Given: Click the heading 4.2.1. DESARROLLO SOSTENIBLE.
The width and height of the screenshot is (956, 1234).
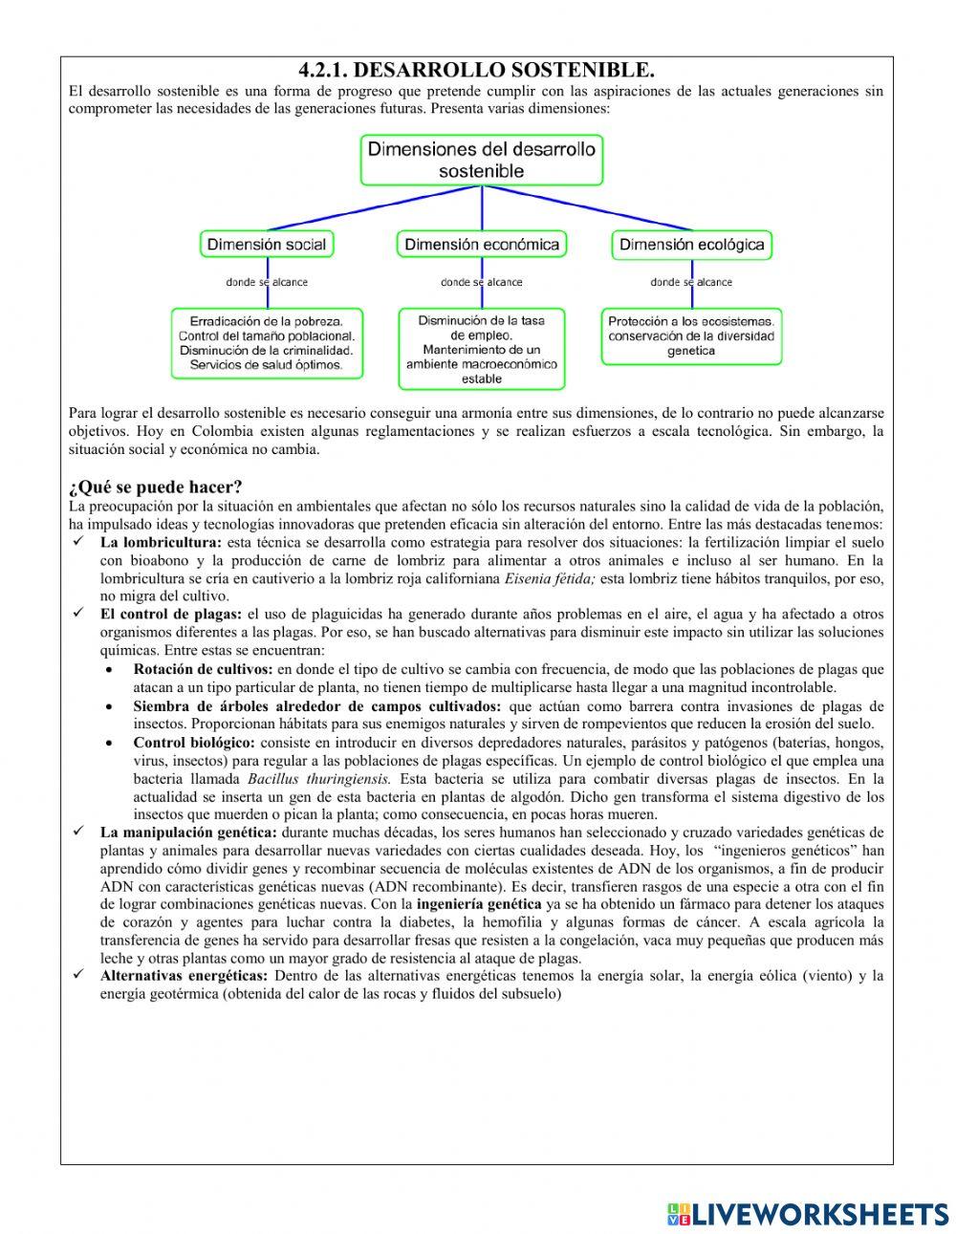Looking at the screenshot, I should tap(476, 71).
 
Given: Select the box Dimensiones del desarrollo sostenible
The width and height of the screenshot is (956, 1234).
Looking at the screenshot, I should tap(481, 160).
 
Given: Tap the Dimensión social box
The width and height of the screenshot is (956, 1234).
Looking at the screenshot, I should tap(267, 245).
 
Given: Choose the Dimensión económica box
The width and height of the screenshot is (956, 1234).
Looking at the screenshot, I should tap(481, 245).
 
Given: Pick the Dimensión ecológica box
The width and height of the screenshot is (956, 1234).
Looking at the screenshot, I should tap(691, 245).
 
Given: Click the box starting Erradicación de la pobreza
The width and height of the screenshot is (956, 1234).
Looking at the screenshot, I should tap(267, 342).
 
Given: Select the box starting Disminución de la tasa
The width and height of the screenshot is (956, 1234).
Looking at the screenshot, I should tap(481, 349).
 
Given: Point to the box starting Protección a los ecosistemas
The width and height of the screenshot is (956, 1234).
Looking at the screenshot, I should tap(691, 336).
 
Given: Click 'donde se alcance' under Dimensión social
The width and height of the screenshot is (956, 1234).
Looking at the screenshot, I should tap(267, 282).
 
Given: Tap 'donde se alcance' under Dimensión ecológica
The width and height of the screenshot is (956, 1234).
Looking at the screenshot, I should tap(691, 282).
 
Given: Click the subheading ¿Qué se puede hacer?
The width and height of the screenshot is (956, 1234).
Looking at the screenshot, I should tap(155, 487).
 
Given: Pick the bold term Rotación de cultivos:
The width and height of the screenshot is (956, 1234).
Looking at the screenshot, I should tap(203, 669).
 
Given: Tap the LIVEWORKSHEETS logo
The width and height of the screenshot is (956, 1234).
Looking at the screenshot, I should tap(807, 1213).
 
